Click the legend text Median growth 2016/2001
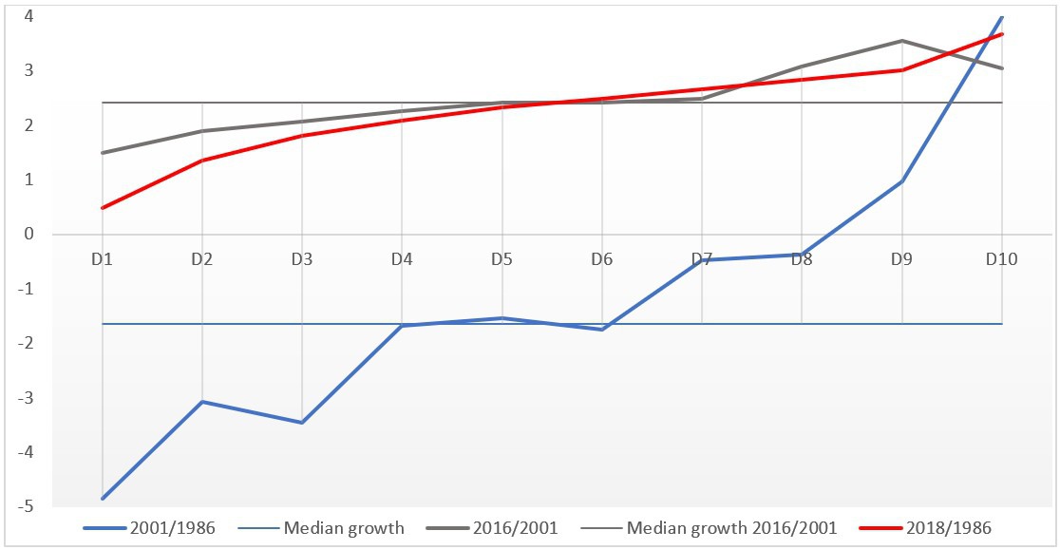[732, 528]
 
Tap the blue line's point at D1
[102, 498]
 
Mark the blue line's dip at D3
[302, 423]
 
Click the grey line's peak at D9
[901, 41]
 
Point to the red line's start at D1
[102, 207]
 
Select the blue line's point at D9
[901, 180]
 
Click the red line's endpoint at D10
[1002, 34]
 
